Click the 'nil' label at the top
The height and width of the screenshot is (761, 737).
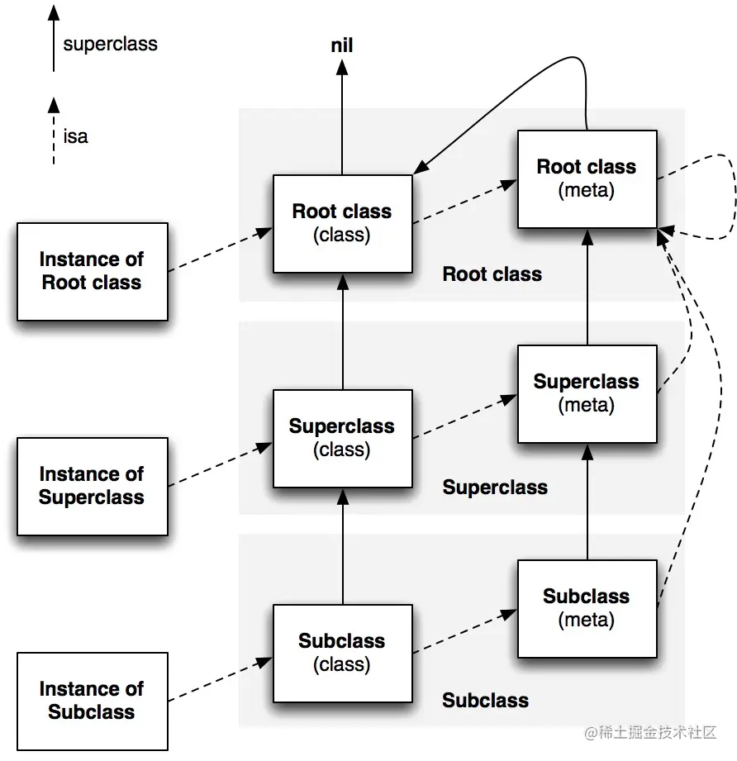coord(341,45)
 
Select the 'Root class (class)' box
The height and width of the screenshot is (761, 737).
coord(343,224)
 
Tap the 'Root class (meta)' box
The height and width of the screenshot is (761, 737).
coord(587,178)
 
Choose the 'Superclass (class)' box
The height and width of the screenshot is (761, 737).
coord(343,438)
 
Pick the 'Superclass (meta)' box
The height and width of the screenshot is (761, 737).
coord(587,393)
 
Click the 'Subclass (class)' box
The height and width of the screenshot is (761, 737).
coord(343,654)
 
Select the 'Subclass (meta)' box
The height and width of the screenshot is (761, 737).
coord(587,609)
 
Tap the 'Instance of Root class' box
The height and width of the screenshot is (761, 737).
coord(93,272)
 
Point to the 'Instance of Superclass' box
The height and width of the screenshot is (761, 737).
coord(93,487)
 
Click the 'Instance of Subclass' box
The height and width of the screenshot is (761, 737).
coord(93,702)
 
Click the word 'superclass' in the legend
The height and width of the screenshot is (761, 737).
coord(110,44)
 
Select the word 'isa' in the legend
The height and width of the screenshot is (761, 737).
coord(76,136)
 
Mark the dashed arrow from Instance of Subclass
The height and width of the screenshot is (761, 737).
coord(221,679)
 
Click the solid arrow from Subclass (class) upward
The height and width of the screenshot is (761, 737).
coord(343,547)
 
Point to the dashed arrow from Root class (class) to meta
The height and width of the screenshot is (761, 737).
coord(465,202)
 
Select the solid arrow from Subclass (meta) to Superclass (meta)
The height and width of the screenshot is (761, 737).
coord(587,502)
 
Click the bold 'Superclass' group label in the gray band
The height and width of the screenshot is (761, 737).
coord(495,488)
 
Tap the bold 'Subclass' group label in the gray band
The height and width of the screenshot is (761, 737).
coord(485,701)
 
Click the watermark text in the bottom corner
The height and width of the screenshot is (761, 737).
coord(650,732)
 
